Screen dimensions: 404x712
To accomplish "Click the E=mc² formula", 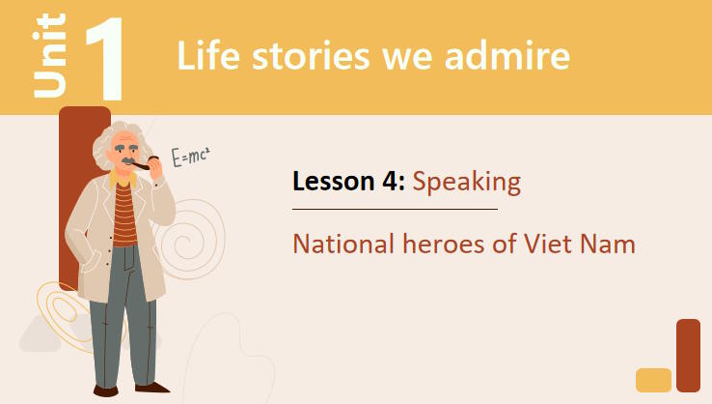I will [x=190, y=157].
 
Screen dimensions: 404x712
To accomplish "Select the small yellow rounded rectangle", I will [x=653, y=380].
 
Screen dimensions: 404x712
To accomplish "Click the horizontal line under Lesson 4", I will [x=395, y=208].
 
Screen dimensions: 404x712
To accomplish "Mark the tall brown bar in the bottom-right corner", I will [x=688, y=355].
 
